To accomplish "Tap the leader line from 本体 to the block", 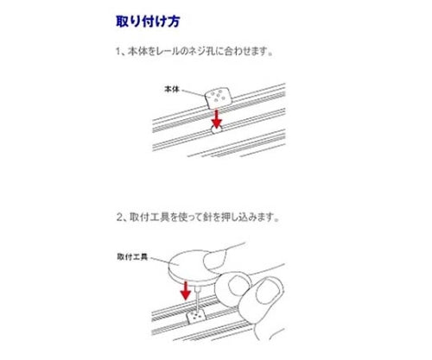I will click(x=195, y=92).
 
